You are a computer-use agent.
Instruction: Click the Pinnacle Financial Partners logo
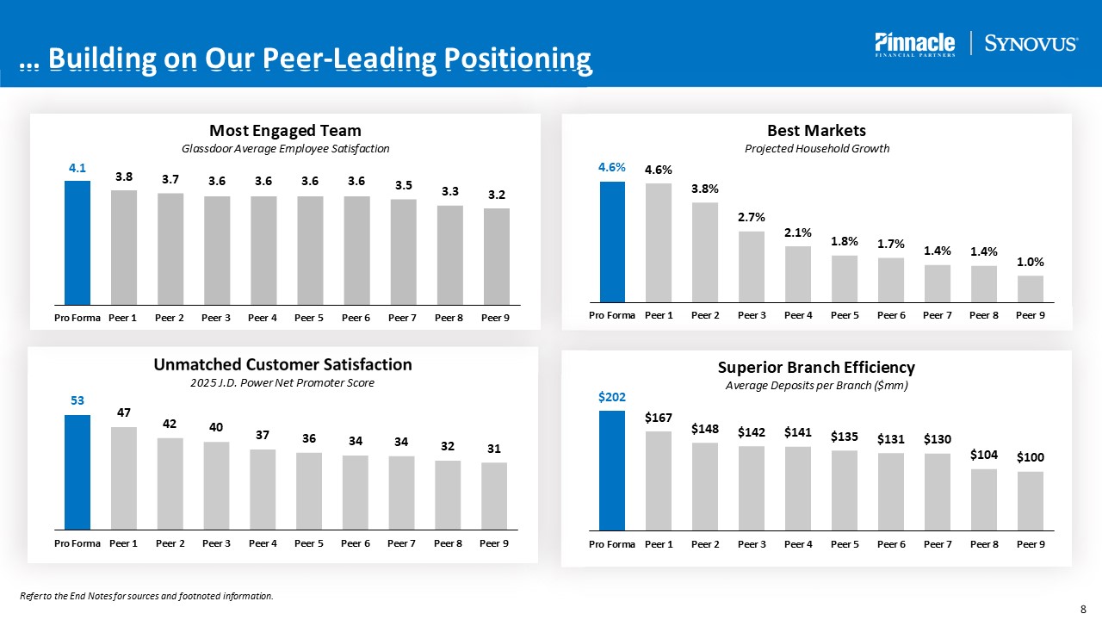coord(914,44)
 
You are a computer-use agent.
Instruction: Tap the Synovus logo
coord(1031,44)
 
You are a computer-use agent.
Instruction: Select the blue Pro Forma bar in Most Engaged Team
coord(77,242)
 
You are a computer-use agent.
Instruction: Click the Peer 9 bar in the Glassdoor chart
coord(496,256)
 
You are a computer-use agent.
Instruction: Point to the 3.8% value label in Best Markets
coord(704,189)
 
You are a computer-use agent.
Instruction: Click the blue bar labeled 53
coord(77,472)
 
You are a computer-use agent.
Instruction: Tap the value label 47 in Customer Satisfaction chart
coord(124,412)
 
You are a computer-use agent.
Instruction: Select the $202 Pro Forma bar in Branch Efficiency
coord(612,470)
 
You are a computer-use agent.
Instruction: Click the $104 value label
coord(984,455)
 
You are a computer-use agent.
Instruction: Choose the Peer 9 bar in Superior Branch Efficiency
coord(1031,500)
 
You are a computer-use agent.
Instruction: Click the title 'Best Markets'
coord(816,130)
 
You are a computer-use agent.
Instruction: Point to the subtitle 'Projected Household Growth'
coord(816,149)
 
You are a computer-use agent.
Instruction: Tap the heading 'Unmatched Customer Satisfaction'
coord(282,364)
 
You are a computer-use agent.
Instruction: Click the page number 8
coord(1083,609)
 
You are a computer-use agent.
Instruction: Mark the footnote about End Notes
coord(146,596)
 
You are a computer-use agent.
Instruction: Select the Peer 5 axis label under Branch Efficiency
coord(845,544)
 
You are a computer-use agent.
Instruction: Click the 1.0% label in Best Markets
coord(1030,262)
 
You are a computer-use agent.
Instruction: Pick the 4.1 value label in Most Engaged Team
coord(77,169)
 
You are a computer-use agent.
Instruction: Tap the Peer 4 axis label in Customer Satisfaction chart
coord(263,543)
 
